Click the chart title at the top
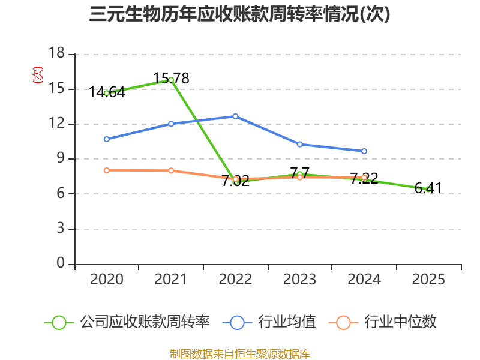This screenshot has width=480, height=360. (x=239, y=14)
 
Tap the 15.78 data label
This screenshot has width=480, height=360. (x=171, y=79)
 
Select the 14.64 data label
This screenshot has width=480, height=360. (x=107, y=92)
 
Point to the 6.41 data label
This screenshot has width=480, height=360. (x=428, y=188)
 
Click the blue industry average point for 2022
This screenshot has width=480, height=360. (x=235, y=116)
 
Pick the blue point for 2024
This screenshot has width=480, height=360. (x=364, y=151)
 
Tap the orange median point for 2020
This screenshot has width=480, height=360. (x=107, y=170)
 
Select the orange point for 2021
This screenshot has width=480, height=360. (x=171, y=170)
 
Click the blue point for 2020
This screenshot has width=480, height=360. (x=107, y=139)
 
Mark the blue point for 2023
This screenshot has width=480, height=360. (x=300, y=144)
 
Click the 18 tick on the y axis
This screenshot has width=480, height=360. (x=56, y=53)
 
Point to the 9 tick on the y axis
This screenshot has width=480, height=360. (x=61, y=158)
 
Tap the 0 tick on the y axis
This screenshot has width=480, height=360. (x=61, y=263)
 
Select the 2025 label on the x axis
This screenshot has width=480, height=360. (x=428, y=280)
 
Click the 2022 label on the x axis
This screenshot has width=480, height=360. (x=235, y=280)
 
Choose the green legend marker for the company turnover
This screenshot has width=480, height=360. (x=59, y=323)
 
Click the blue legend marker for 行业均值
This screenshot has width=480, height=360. (x=237, y=323)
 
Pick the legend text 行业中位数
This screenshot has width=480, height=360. (x=400, y=322)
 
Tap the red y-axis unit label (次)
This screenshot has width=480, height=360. (x=38, y=75)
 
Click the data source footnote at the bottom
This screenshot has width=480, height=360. (x=240, y=354)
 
